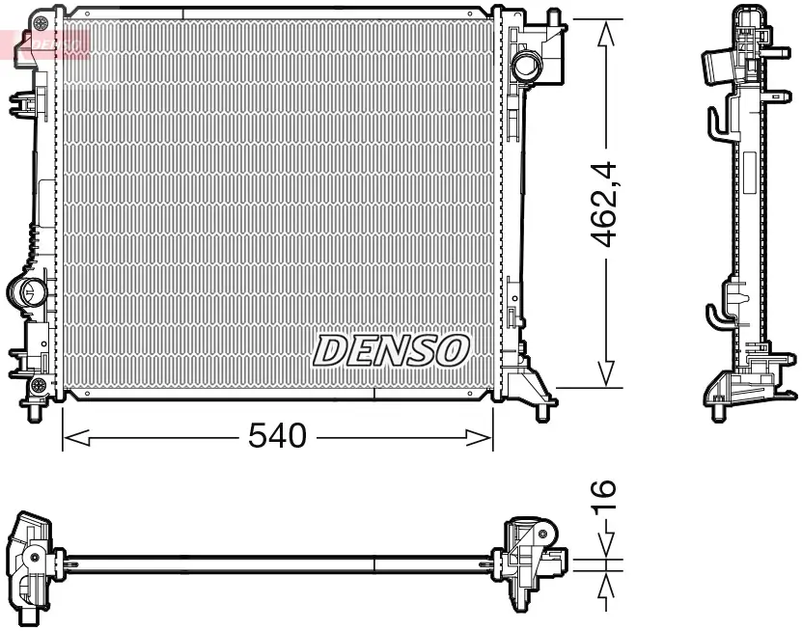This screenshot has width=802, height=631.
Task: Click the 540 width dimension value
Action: tap(277, 436)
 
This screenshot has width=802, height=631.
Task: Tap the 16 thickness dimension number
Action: tap(603, 494)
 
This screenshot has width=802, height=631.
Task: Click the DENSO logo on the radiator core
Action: tap(391, 350)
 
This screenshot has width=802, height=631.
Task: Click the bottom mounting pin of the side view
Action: tap(718, 414)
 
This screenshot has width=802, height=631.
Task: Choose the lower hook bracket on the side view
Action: tap(715, 316)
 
